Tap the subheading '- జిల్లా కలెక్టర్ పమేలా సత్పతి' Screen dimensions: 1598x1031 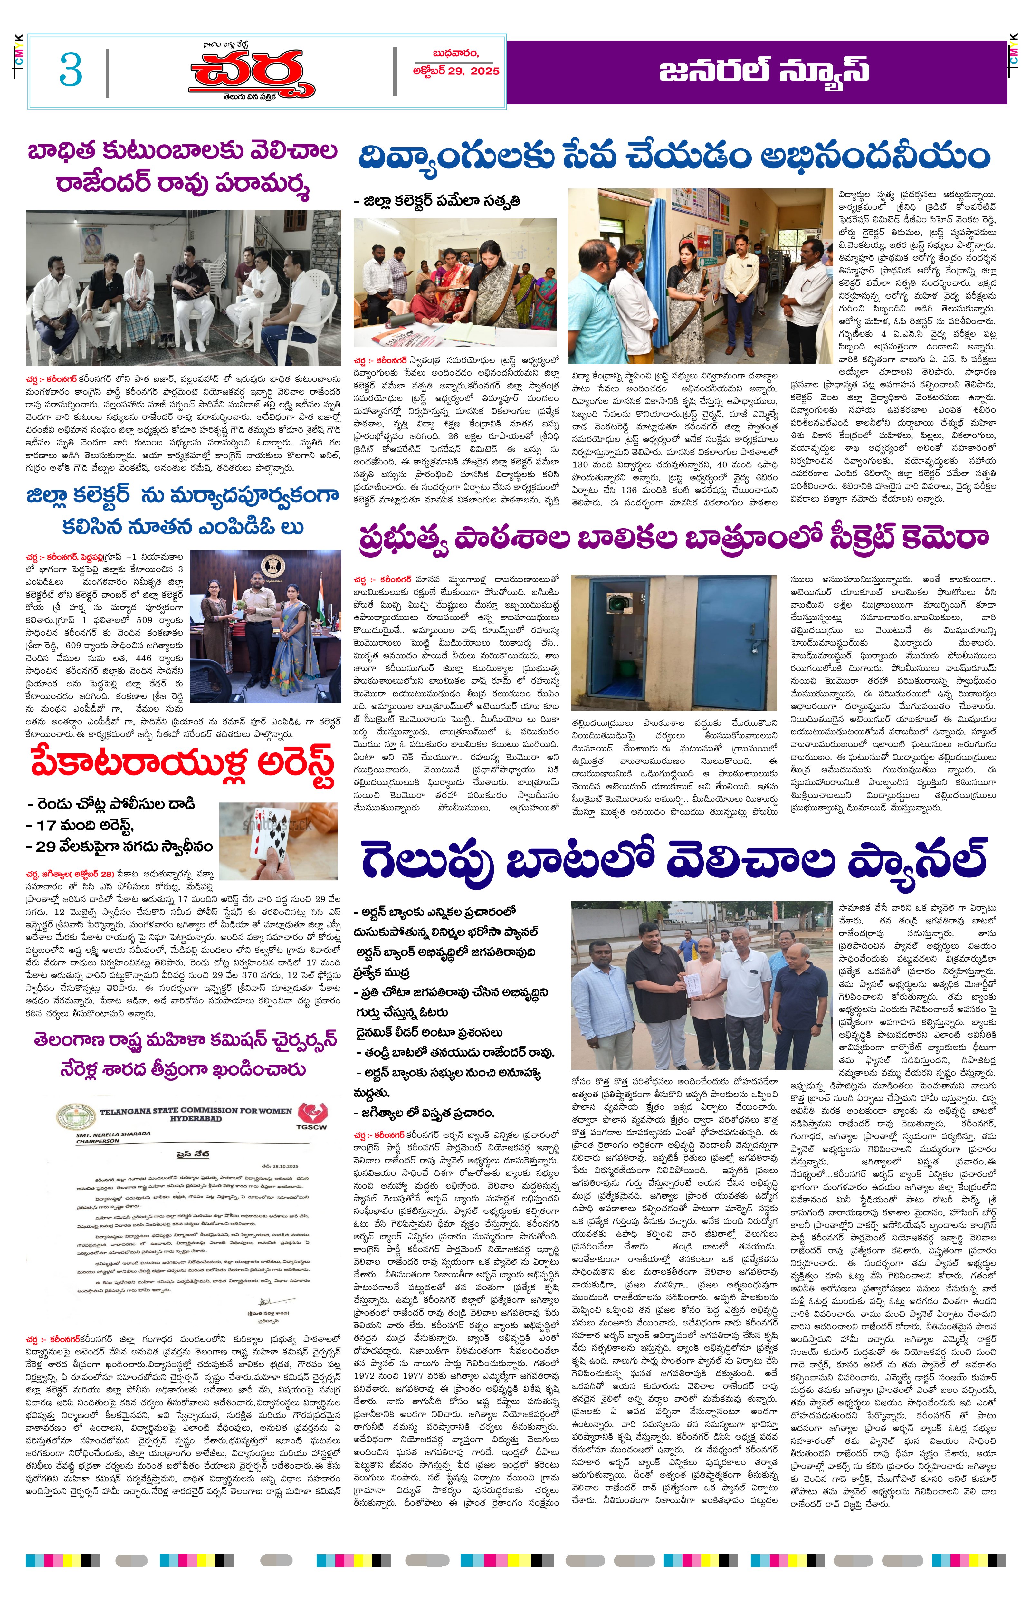point(437,201)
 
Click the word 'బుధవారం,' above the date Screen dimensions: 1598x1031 point(455,53)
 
